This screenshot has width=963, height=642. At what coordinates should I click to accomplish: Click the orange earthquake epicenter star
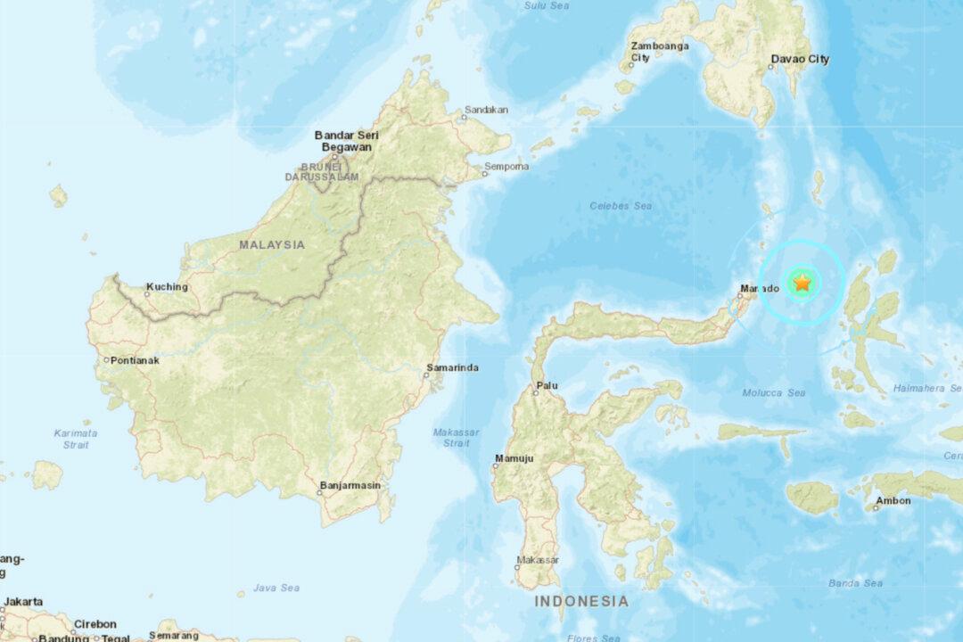(x=802, y=284)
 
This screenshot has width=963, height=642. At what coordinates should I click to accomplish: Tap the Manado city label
(x=759, y=289)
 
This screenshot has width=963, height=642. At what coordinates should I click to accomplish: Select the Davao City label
(x=799, y=60)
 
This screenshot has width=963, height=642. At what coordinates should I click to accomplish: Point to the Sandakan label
(x=487, y=111)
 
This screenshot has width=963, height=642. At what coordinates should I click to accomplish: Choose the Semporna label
(x=506, y=167)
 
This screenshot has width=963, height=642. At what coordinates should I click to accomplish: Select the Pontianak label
(x=133, y=360)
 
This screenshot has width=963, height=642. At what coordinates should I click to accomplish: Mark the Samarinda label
(x=454, y=367)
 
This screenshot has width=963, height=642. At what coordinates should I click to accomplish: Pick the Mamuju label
(x=515, y=459)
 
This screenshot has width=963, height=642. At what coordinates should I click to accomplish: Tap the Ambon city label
(x=893, y=501)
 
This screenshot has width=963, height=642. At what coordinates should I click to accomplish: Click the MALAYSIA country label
(x=271, y=244)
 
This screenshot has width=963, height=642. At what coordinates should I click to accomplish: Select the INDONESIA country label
(x=580, y=602)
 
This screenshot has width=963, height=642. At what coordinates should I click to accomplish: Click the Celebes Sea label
(x=621, y=206)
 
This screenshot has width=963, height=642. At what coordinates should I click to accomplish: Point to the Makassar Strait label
(x=456, y=438)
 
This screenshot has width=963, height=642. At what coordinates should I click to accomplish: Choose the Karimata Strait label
(x=76, y=439)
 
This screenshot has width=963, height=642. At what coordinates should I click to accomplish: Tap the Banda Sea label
(x=855, y=583)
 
